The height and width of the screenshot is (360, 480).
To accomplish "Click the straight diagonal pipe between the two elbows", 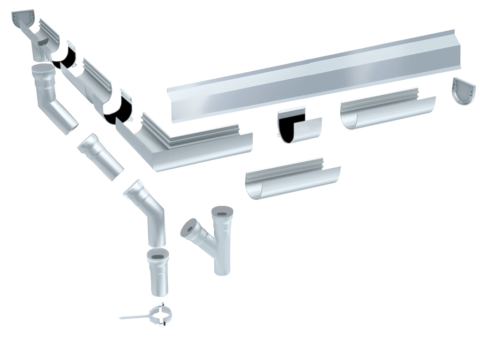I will (100, 157).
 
